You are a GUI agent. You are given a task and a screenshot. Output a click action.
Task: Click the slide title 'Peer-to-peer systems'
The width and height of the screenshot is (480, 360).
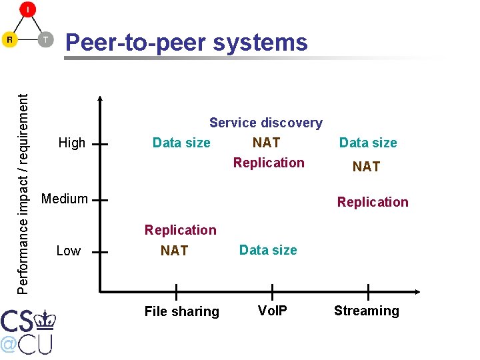click(x=186, y=43)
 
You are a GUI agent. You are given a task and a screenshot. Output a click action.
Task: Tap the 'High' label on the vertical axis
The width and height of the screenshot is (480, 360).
click(x=72, y=143)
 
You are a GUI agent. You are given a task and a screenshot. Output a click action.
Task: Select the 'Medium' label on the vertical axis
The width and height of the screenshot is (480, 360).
click(x=64, y=199)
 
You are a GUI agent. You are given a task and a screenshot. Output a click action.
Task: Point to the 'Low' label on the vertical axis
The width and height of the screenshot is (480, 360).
click(x=68, y=251)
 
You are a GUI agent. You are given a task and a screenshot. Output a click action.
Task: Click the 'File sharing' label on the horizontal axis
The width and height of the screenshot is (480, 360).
click(x=181, y=311)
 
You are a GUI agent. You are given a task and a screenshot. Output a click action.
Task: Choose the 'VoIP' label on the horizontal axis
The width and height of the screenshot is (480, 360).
click(x=272, y=311)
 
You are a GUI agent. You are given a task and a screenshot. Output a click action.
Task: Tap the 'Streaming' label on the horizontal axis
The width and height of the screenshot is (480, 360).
click(x=366, y=311)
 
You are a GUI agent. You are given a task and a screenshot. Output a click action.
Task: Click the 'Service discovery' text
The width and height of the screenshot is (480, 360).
click(x=265, y=123)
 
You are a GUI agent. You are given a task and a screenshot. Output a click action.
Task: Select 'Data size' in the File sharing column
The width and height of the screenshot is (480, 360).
click(x=181, y=143)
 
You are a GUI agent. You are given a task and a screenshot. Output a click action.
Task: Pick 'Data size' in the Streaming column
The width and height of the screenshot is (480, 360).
click(x=368, y=143)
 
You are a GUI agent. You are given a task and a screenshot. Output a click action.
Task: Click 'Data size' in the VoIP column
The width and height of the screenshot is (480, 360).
click(x=268, y=250)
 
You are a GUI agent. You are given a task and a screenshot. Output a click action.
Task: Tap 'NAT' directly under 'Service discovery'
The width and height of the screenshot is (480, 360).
click(x=266, y=143)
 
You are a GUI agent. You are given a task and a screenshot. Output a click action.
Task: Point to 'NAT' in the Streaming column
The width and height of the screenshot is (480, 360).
click(x=366, y=167)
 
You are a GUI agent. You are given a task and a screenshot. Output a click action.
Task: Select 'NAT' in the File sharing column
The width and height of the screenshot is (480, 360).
click(x=174, y=251)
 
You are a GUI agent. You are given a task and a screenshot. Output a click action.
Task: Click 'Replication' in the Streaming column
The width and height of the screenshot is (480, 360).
click(x=373, y=202)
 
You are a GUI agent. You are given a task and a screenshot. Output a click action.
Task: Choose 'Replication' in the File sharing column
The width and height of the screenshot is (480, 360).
click(x=181, y=230)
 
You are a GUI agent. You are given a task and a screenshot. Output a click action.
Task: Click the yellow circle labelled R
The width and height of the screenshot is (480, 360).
click(x=10, y=39)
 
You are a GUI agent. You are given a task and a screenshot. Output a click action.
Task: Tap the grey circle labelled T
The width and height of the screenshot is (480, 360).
click(x=45, y=39)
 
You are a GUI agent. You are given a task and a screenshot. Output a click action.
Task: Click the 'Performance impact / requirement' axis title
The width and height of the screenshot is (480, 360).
click(x=23, y=193)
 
